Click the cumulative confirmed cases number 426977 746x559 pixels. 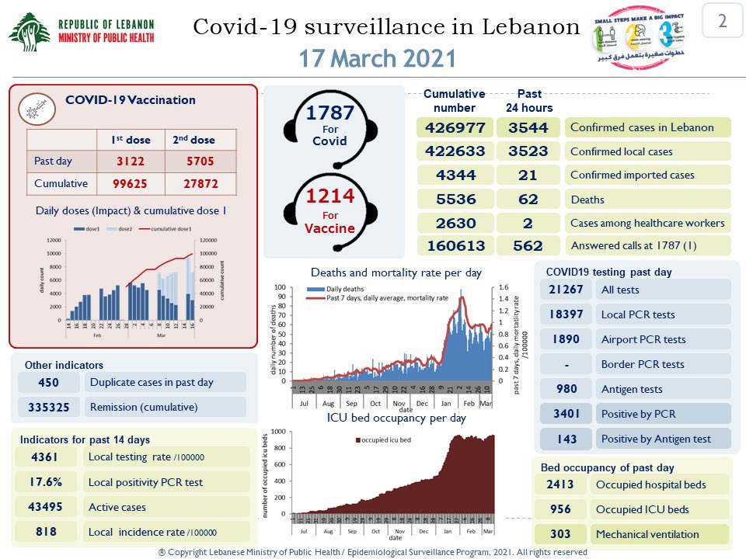pos(455,127)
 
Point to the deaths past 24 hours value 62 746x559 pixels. pos(533,199)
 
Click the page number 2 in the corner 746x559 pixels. pos(722,21)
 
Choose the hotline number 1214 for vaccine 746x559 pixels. pos(329,196)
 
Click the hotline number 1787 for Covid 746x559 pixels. pos(329,113)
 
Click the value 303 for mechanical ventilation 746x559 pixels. pos(559,534)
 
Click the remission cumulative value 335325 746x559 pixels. pos(48,407)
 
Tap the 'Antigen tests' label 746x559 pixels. pos(633,389)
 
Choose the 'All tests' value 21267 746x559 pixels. pos(566,290)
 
